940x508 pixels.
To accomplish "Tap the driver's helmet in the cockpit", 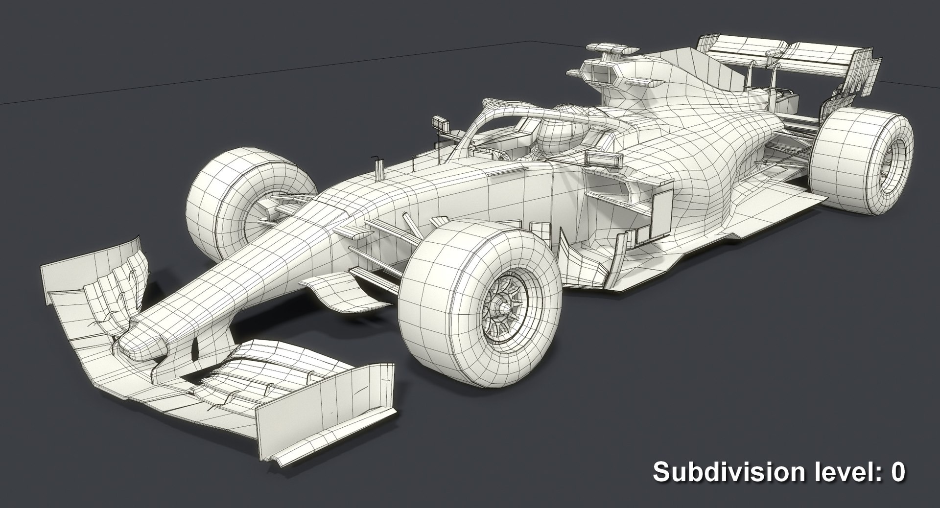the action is pos(558,130).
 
